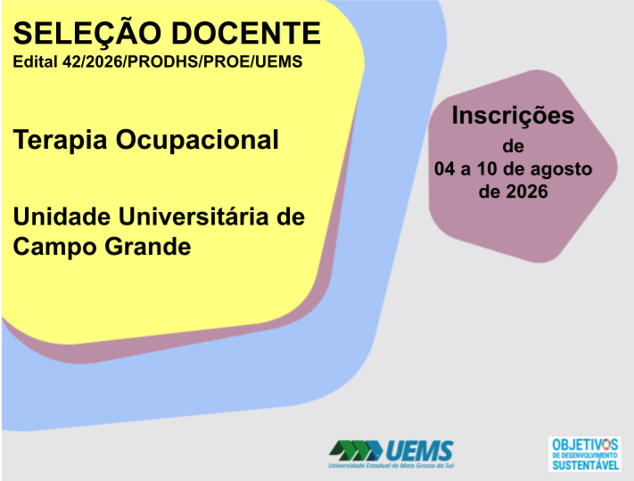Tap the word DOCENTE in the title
[x=246, y=33]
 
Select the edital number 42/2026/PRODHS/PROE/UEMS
[x=183, y=61]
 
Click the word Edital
[x=35, y=61]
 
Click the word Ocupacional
[x=197, y=141]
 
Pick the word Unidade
[x=62, y=216]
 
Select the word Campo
[x=54, y=247]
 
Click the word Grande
[x=148, y=247]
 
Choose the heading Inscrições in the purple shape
[x=513, y=117]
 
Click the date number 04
[x=445, y=169]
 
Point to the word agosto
[x=561, y=170]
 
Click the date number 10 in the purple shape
[x=487, y=169]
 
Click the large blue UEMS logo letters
[x=420, y=451]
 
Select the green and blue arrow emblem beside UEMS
[x=356, y=451]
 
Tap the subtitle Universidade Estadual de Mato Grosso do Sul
[x=391, y=466]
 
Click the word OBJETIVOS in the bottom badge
[x=585, y=444]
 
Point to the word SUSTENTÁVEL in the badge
[x=586, y=465]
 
